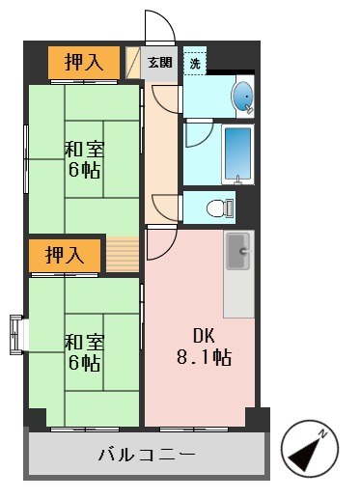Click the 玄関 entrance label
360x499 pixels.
point(160,63)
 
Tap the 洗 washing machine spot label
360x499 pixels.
point(195,64)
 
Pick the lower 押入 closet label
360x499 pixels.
point(65,255)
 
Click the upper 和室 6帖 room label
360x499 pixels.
point(84,160)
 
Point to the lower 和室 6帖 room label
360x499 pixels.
point(84,352)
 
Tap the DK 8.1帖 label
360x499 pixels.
point(202,347)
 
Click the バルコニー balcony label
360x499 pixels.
point(148,455)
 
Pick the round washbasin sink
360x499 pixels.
point(242,97)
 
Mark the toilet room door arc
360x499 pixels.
point(166,206)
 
